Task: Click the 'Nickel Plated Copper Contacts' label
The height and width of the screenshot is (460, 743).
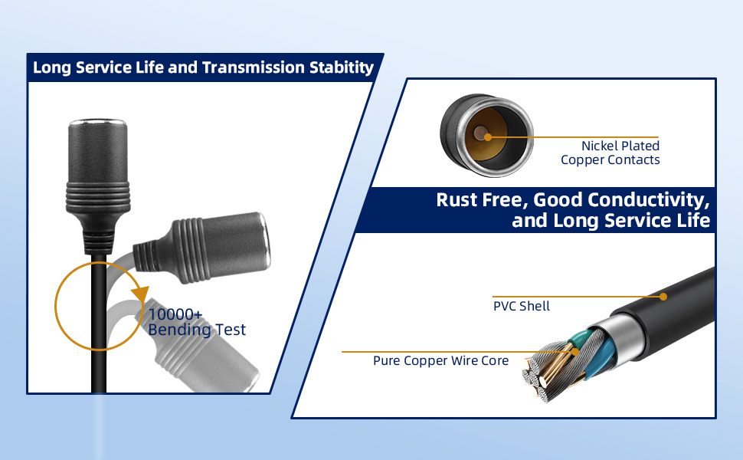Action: [x=610, y=153]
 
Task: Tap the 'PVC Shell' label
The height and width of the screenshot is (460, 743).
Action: [x=521, y=306]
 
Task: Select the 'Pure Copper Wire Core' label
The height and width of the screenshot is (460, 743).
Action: [x=440, y=360]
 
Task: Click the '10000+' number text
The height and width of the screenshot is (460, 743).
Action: [x=175, y=314]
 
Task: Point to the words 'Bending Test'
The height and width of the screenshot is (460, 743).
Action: [x=197, y=330]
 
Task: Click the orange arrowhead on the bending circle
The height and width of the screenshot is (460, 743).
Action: [x=140, y=294]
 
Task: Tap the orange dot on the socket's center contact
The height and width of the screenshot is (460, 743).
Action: [x=488, y=137]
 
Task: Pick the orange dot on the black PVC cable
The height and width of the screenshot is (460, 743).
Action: [x=663, y=297]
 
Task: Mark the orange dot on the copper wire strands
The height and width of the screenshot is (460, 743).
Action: [x=574, y=352]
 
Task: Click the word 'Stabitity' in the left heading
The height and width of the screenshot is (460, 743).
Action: [x=341, y=67]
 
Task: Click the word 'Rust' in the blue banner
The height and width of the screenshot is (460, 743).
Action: [x=457, y=199]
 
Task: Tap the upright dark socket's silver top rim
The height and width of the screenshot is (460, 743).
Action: [x=97, y=123]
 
